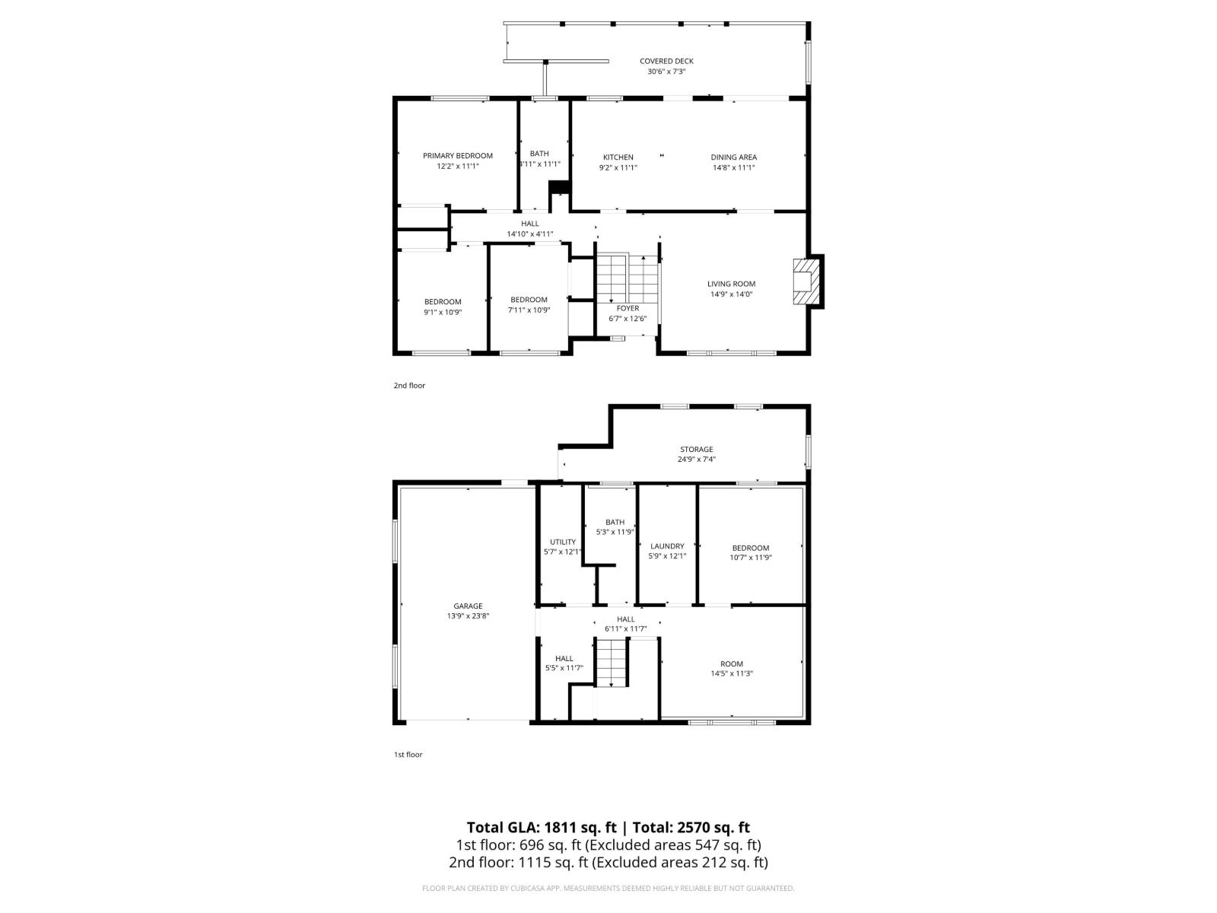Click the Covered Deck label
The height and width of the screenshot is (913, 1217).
point(666,61)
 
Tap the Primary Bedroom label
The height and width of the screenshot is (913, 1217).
point(458,155)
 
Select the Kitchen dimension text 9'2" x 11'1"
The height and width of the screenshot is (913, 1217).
point(618,167)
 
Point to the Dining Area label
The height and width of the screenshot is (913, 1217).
point(733,157)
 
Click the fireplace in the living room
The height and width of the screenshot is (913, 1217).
point(806,282)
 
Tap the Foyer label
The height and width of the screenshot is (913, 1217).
point(628,308)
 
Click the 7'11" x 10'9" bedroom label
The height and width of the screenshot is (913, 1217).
point(529,300)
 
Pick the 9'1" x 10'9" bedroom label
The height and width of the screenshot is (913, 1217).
point(443,302)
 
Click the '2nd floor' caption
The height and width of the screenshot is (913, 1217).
point(409,386)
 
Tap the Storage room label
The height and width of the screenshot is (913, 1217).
point(696,449)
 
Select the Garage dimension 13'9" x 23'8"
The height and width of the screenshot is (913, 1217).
point(468,616)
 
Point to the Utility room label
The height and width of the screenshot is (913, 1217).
point(563,542)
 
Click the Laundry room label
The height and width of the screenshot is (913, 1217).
point(667,546)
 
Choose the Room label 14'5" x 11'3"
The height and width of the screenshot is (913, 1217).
point(732,663)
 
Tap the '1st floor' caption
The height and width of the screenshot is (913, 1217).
point(408,755)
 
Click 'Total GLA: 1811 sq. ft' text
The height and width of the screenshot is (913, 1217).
point(541,828)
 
